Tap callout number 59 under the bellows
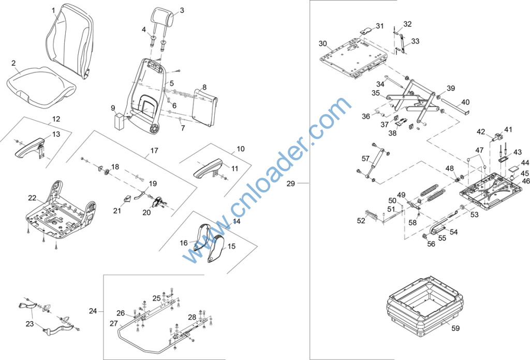tap(455, 328)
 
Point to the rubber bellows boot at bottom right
tap(426, 306)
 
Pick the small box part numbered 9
tap(120, 121)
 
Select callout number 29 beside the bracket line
tap(291, 184)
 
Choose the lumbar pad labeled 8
tap(204, 108)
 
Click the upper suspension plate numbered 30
tap(353, 57)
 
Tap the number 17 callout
tap(154, 151)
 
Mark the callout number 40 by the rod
tap(465, 102)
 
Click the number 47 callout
tap(479, 150)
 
